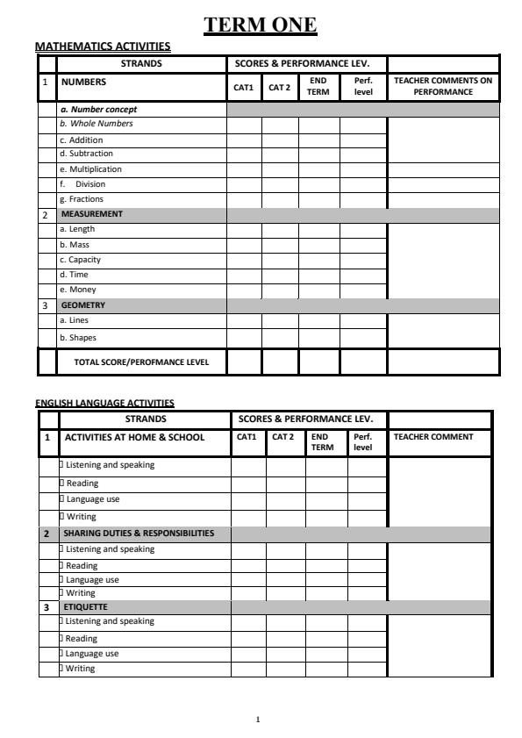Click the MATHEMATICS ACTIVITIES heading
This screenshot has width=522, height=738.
coord(103,47)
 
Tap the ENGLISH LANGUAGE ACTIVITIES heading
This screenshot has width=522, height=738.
coord(104,404)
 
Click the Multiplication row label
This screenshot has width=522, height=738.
coord(90,169)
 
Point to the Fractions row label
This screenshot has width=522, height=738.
coord(82,199)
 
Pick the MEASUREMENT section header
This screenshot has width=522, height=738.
coord(92,214)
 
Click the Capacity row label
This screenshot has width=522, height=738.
coord(80,260)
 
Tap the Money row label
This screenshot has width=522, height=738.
coord(78,290)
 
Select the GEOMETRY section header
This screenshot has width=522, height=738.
coord(83,305)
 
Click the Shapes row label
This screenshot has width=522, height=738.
coord(78,337)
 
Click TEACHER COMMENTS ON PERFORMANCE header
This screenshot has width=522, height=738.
coord(443,86)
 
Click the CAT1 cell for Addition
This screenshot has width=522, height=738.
coord(244,140)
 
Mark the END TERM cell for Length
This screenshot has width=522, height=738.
coord(318,229)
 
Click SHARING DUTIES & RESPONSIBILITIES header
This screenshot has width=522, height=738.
coord(139,534)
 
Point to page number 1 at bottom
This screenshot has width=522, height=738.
coord(258,720)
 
